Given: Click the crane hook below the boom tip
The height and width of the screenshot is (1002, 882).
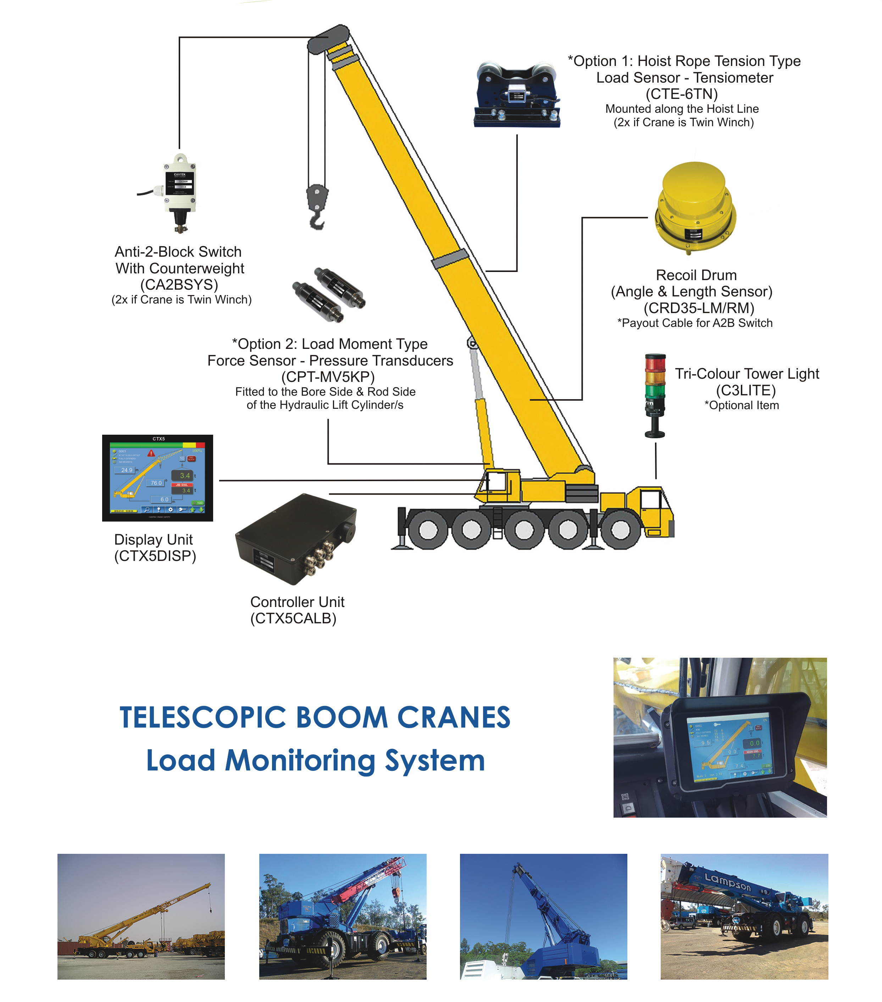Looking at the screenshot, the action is point(317,206).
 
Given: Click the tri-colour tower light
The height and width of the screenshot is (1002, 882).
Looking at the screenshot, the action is point(655,395).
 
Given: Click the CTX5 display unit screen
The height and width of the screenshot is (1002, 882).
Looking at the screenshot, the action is point(157,478).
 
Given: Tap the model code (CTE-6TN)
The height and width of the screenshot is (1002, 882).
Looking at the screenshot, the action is point(682,94).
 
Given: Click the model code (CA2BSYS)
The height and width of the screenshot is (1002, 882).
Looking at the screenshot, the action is point(179,284).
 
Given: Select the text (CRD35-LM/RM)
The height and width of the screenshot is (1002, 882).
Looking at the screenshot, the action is point(699,308).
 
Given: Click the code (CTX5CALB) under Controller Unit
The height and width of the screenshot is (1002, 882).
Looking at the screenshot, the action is point(293,618).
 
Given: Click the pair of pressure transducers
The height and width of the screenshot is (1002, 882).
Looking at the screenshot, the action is point(328,294).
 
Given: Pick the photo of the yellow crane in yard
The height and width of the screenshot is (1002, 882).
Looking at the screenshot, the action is point(141,916).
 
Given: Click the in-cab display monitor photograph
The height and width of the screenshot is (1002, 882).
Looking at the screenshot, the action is point(720,738).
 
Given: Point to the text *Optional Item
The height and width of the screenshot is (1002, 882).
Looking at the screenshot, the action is point(741,405).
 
